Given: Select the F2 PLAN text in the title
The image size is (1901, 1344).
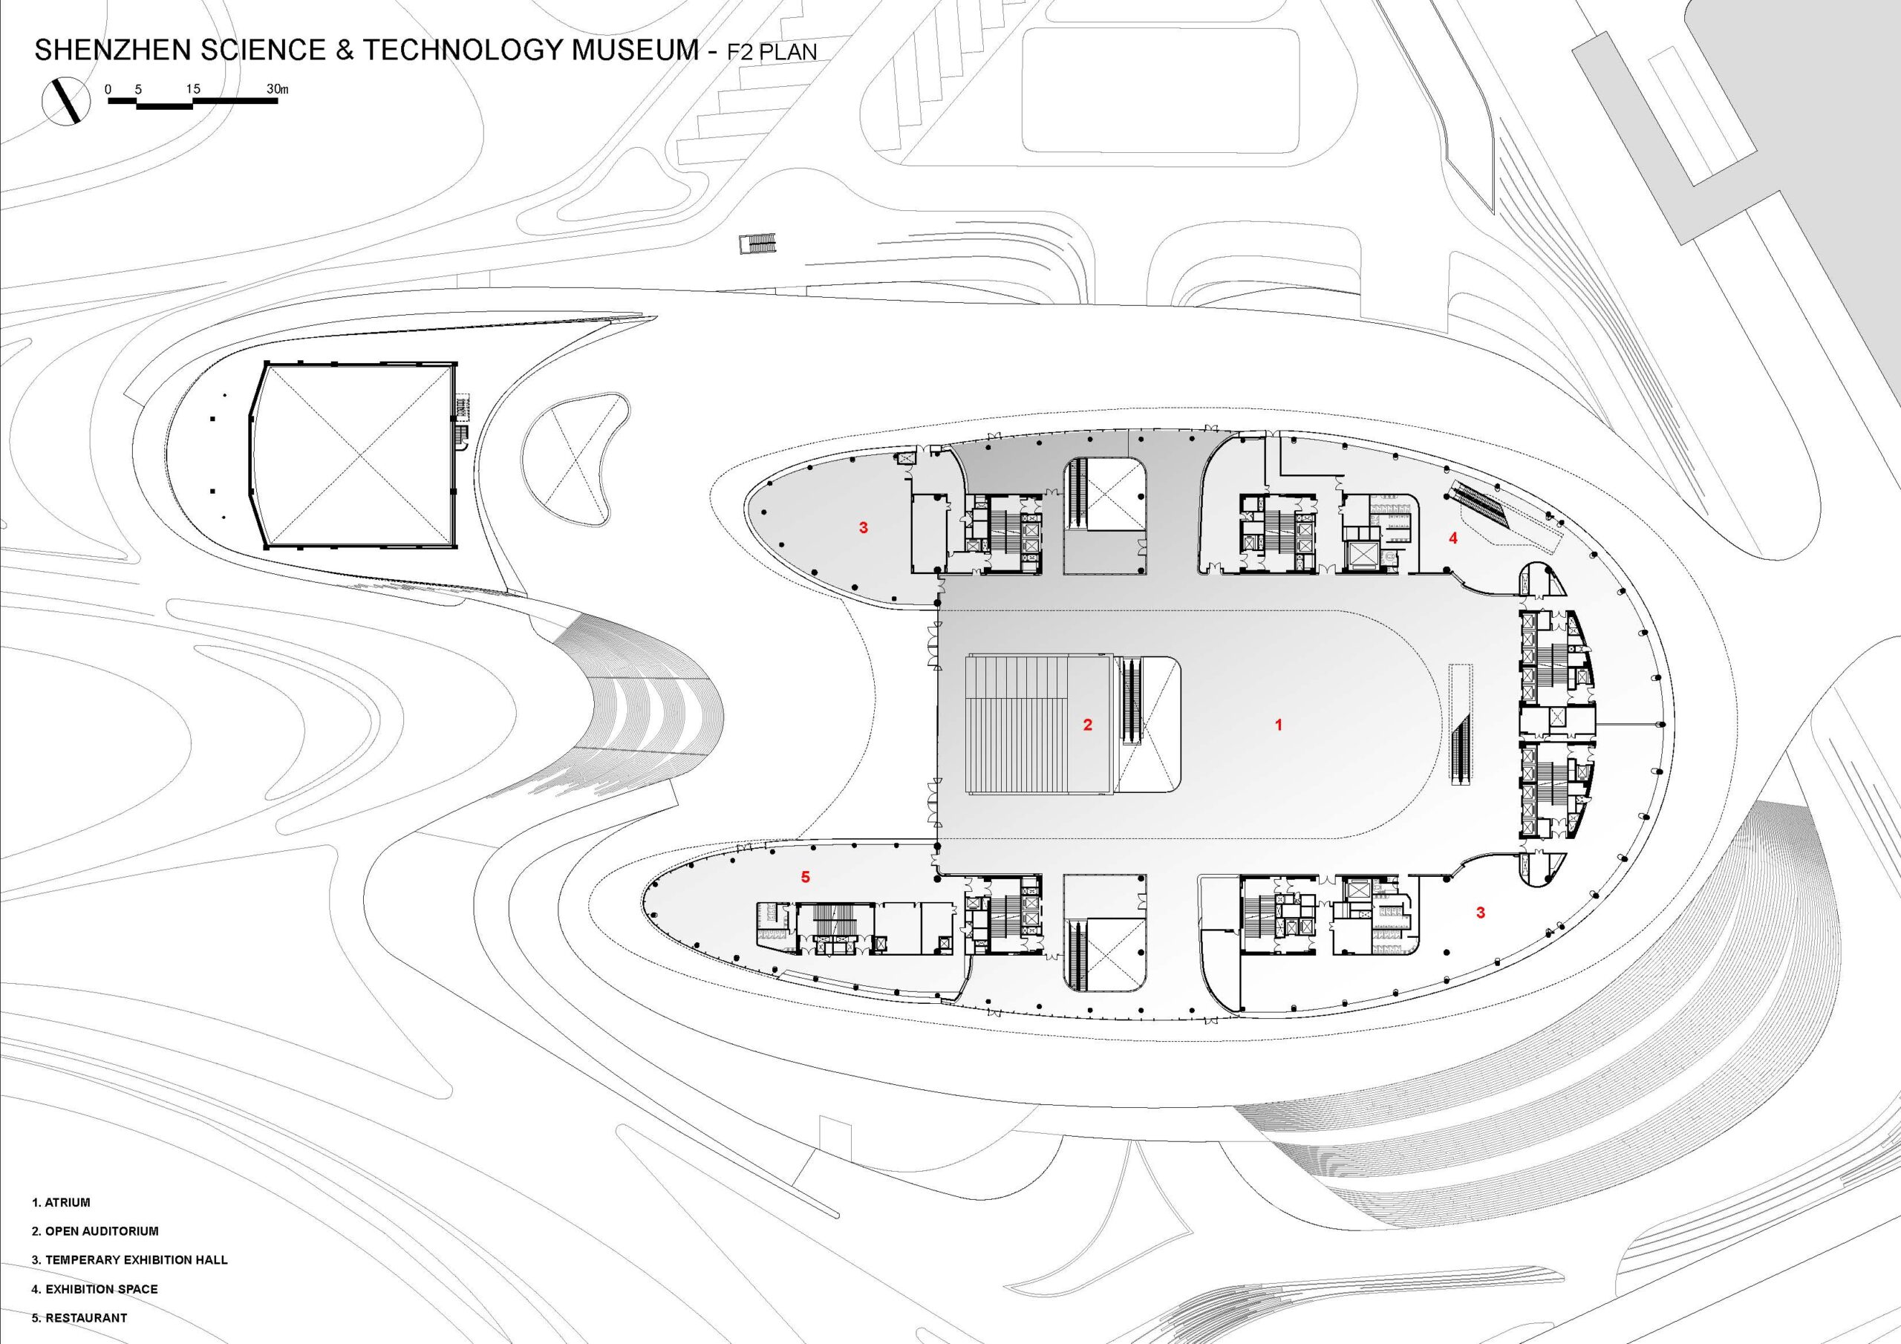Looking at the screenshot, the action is (x=772, y=51).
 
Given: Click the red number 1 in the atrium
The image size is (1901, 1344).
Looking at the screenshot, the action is (x=1279, y=725).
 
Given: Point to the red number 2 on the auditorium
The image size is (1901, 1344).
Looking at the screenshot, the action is (x=1088, y=725).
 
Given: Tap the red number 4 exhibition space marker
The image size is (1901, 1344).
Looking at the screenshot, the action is (x=1452, y=538).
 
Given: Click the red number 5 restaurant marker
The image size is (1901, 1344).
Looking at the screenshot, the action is (x=805, y=876).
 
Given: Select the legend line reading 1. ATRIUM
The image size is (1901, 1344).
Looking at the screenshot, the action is (x=62, y=1201).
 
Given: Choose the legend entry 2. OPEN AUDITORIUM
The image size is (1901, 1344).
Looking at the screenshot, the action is (x=95, y=1230).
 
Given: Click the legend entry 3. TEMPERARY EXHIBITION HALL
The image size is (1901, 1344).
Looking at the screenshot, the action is (x=129, y=1259).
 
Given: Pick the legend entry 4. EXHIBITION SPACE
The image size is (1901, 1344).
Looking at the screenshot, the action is (x=94, y=1288).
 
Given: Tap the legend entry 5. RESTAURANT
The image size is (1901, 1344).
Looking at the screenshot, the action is (x=79, y=1317).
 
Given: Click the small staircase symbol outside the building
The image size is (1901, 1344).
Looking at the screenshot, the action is (x=759, y=244).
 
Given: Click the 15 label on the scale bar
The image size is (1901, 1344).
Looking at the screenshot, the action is (x=193, y=88).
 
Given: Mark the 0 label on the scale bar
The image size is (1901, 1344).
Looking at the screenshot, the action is (x=108, y=88).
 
